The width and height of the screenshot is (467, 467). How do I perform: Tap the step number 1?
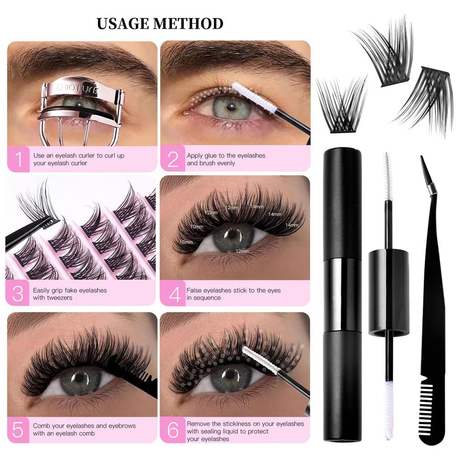point(18,159)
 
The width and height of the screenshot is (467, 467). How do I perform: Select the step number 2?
point(173,159)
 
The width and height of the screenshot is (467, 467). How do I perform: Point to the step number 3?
point(18,294)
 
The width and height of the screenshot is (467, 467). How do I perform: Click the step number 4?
point(175,294)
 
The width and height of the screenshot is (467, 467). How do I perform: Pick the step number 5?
point(18,430)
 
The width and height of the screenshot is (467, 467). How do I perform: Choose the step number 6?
point(173,430)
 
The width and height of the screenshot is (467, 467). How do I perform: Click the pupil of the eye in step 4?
point(233,235)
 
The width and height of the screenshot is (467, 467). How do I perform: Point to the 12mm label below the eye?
point(242,251)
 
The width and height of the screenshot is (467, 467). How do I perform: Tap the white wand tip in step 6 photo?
point(257,358)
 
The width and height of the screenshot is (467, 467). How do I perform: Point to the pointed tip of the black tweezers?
point(423,162)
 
